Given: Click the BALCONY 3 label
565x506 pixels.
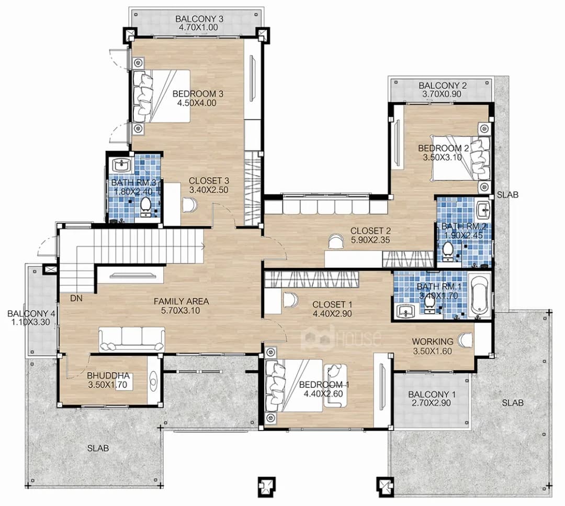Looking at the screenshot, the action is [x=199, y=19].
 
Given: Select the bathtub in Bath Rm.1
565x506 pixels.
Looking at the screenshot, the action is [x=479, y=297].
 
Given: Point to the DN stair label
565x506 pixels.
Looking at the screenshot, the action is [x=76, y=298].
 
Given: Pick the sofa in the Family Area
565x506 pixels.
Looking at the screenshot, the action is [x=131, y=339].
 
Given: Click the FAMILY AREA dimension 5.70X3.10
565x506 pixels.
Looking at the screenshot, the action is [x=182, y=311].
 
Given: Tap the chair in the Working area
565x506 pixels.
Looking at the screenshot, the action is [x=466, y=340].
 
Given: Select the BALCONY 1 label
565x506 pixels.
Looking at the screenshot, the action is [x=432, y=394].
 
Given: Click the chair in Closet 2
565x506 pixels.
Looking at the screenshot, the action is [x=336, y=241].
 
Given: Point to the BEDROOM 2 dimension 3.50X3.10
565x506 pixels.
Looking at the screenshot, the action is [x=442, y=157].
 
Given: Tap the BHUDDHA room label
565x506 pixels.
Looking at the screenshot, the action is [x=108, y=376].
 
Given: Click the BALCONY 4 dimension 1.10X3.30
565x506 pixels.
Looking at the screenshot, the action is [x=31, y=322].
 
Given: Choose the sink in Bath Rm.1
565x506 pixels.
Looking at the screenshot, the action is [x=406, y=312].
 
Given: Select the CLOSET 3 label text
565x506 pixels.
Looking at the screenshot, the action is [x=209, y=181].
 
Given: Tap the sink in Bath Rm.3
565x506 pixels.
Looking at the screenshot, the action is [x=122, y=166].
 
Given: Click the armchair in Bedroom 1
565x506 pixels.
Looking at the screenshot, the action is [x=335, y=386].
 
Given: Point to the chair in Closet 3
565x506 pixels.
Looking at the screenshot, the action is [x=190, y=205].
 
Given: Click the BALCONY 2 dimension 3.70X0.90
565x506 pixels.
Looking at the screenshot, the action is [x=442, y=94].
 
